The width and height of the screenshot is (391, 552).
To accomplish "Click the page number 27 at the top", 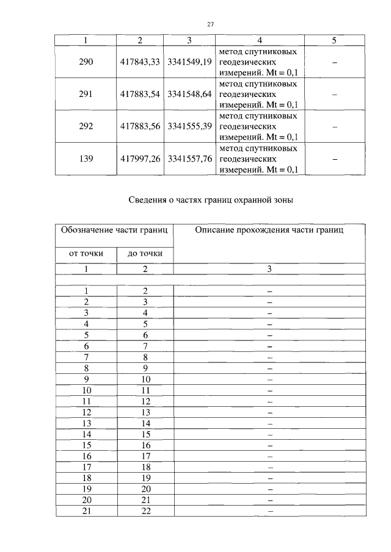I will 210,24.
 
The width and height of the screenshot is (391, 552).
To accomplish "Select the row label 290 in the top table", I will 86,62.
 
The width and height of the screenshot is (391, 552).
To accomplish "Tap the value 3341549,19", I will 189,62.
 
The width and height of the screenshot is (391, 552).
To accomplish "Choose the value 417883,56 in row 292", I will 141,126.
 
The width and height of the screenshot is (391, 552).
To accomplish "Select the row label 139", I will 86,159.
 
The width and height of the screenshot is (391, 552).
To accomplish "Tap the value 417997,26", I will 141,159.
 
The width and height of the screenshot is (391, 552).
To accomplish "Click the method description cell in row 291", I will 258,94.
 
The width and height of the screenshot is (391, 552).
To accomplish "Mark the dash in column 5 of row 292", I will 334,126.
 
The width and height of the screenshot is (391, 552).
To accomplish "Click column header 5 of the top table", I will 334,40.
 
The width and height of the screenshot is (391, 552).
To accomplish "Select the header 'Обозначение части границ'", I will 115,231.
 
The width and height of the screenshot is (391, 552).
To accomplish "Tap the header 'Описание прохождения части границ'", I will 269,231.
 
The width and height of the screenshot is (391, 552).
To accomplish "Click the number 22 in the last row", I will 145,510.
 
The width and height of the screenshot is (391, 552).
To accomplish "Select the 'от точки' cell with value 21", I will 86,510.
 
